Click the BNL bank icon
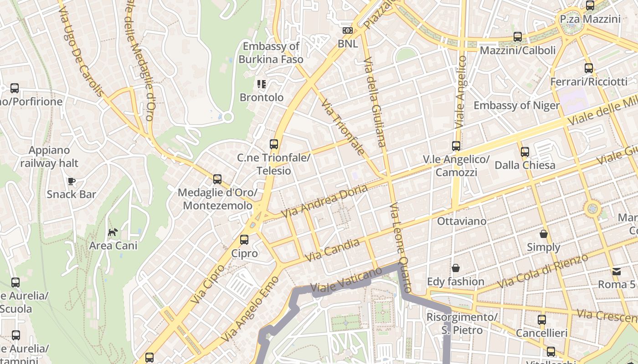(348, 30)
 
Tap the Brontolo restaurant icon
(261, 84)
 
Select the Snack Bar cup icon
(72, 181)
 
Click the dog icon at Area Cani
(113, 233)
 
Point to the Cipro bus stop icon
(244, 240)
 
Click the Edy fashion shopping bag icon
(455, 268)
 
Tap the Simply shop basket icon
(543, 234)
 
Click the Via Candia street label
(331, 250)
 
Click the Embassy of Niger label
(516, 106)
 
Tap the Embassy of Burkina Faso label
(271, 53)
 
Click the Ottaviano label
(461, 221)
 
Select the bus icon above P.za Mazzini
(590, 5)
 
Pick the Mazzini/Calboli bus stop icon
(518, 37)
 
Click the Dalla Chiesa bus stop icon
(525, 152)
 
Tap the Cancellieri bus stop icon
(541, 320)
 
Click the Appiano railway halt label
(49, 157)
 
